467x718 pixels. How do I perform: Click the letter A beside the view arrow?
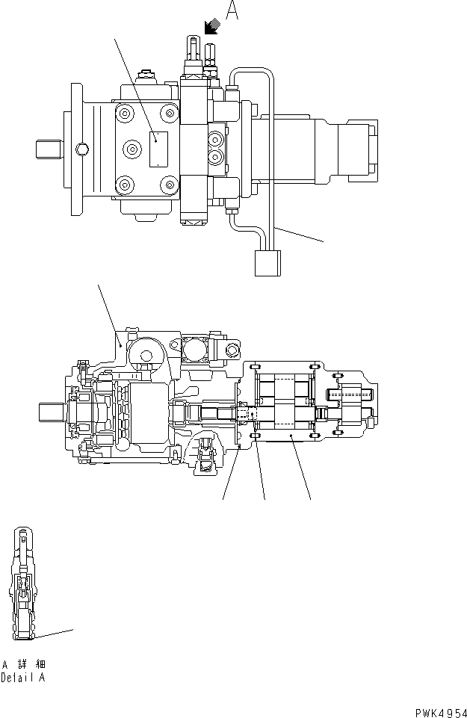pos(232,12)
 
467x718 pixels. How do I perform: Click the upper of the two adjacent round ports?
pos(217,138)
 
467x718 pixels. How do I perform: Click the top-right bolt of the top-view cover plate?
pos(171,114)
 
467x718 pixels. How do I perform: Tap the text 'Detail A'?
pos(22,678)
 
